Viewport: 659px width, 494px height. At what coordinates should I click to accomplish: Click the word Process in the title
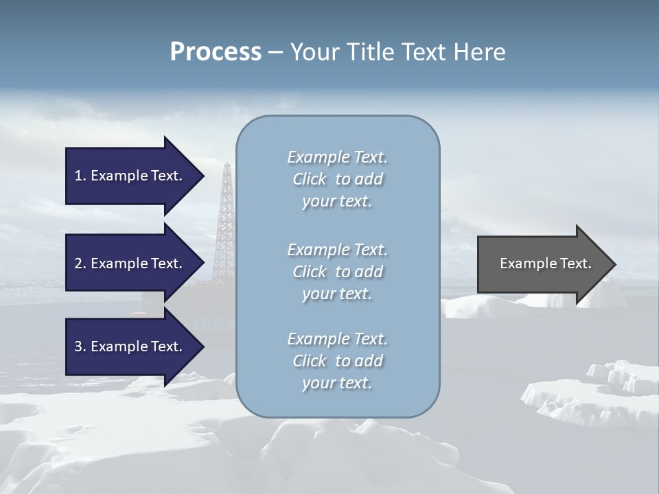[216, 52]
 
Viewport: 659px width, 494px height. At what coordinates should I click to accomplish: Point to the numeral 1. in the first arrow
[80, 176]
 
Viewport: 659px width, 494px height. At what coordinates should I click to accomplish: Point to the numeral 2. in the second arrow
[80, 263]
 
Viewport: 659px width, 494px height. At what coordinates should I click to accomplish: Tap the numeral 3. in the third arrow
[80, 346]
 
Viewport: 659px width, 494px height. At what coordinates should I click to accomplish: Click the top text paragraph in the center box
[337, 179]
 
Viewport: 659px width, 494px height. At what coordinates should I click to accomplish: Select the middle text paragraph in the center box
[337, 272]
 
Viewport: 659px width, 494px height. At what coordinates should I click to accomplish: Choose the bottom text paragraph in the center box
[337, 361]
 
